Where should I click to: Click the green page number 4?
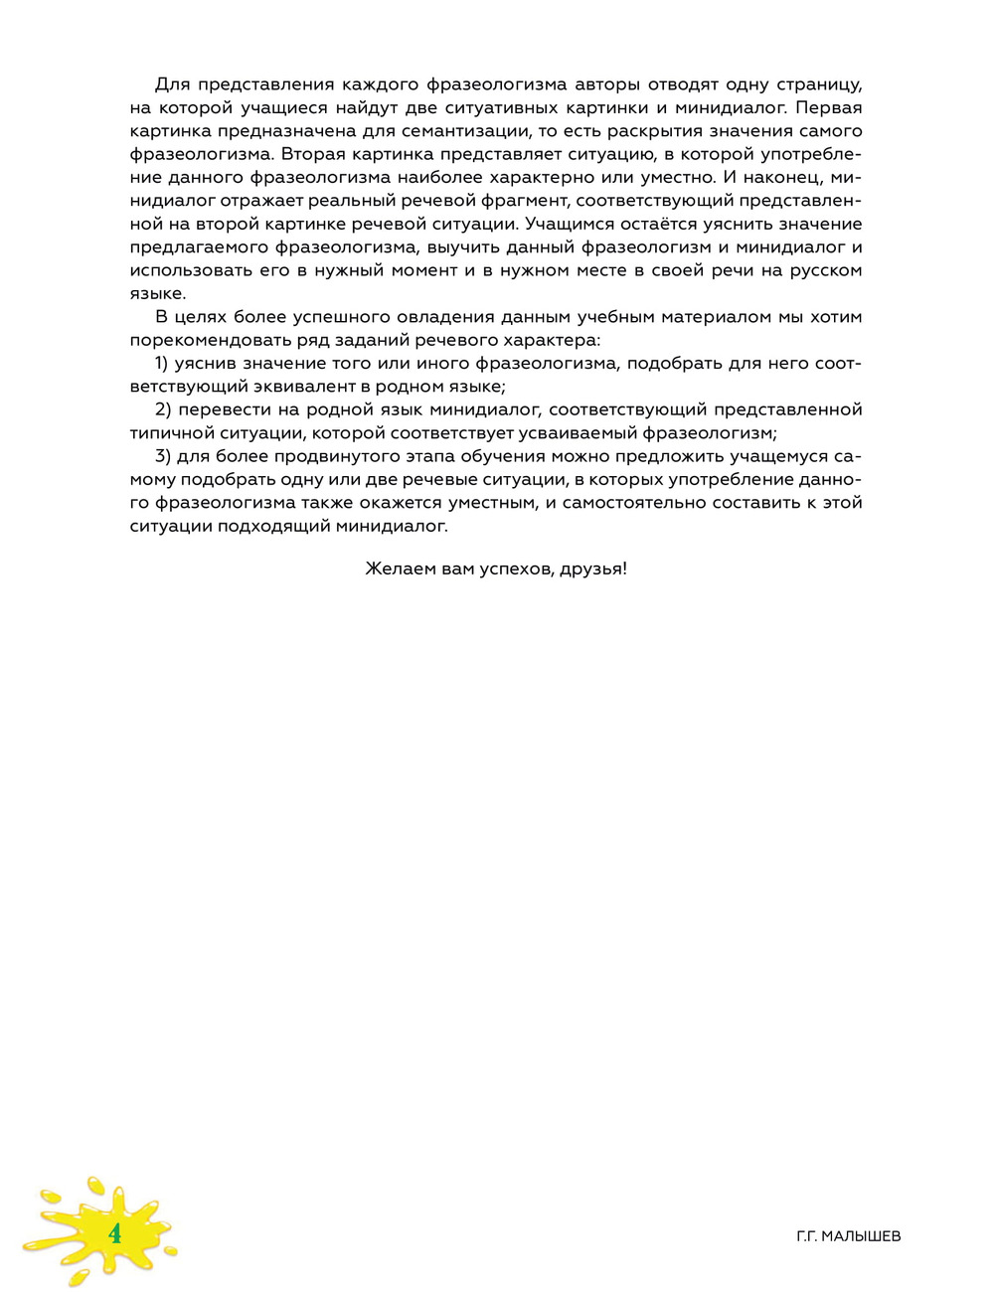click(115, 1233)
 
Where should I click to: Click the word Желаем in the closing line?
click(395, 569)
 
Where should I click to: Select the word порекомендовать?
click(201, 340)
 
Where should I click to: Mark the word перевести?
click(220, 409)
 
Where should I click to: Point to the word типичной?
click(168, 433)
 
